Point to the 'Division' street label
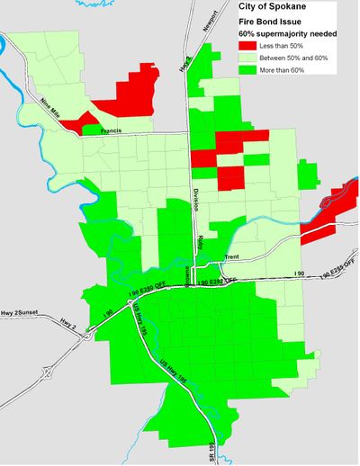(195, 200)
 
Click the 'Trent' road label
(231, 257)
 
